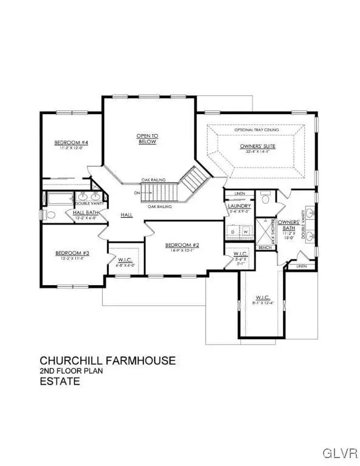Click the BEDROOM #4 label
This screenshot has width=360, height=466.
72,143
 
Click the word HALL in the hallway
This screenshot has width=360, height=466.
126,215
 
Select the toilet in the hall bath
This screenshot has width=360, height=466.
51,214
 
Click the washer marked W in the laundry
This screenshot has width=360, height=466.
246,231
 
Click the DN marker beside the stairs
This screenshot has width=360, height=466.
137,194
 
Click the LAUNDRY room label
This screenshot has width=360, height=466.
236,206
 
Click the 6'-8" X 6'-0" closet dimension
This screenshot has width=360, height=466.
126,266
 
